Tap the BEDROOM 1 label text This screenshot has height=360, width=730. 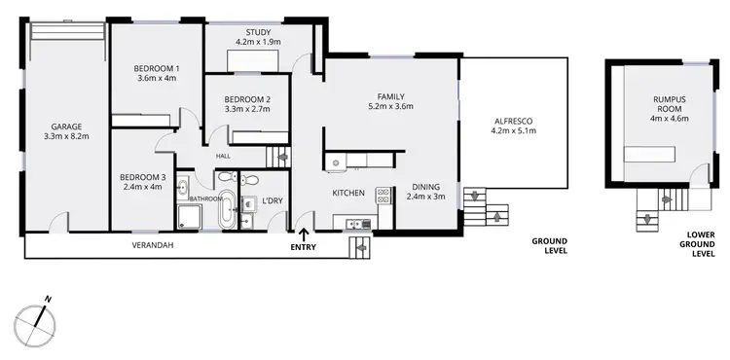click(156, 67)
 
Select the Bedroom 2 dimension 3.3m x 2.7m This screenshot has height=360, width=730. click(247, 111)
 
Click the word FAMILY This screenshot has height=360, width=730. click(391, 95)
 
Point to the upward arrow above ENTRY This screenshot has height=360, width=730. click(305, 234)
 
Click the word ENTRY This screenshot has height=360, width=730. click(305, 247)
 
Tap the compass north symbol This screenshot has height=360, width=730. click(35, 317)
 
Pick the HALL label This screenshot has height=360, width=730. click(223, 155)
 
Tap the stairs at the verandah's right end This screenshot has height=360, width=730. click(361, 246)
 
